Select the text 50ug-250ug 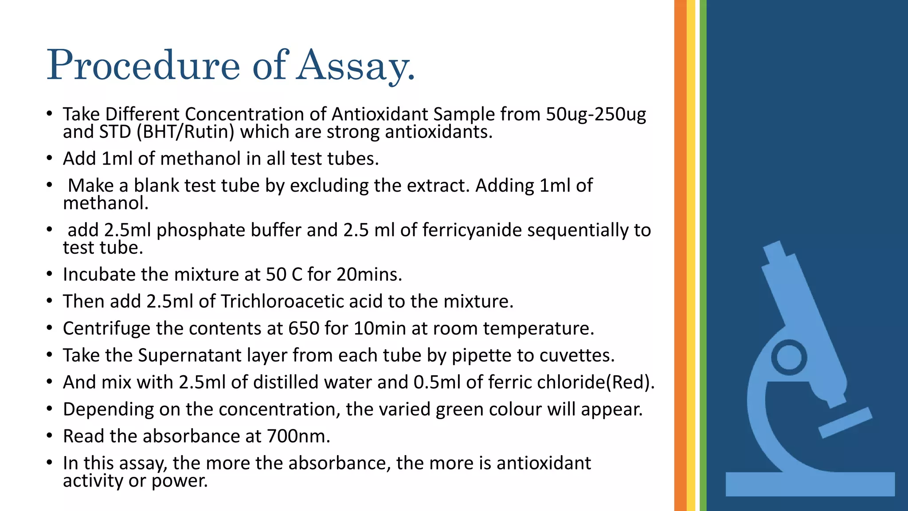coord(595,114)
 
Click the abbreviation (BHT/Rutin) coord(185,132)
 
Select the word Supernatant coord(189,356)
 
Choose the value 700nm coord(298,436)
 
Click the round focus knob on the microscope coord(789,358)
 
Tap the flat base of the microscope coord(810,484)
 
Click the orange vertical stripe coord(680,255)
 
